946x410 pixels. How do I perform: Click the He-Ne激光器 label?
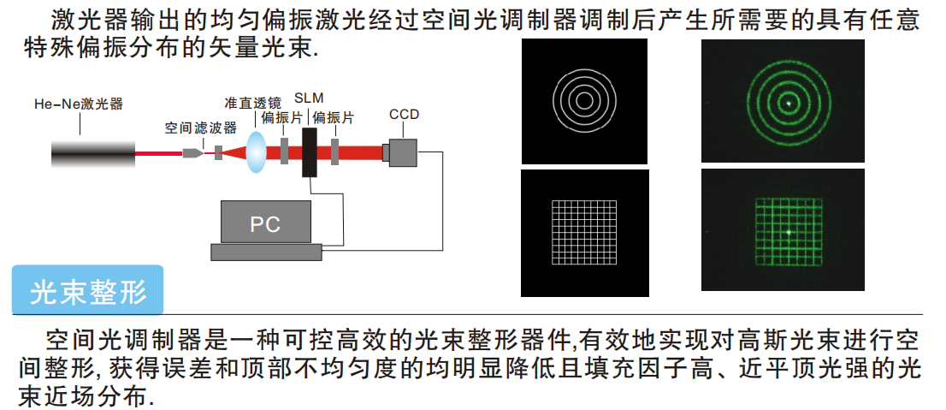click(x=79, y=104)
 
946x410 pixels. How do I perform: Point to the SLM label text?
click(x=308, y=96)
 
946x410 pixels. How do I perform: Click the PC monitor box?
click(x=266, y=223)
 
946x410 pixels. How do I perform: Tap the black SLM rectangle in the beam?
click(x=309, y=153)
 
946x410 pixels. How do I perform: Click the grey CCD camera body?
click(x=403, y=152)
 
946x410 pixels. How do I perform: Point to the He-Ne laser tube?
click(x=93, y=154)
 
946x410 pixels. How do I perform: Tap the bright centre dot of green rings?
click(x=788, y=102)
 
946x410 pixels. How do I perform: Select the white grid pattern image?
click(x=585, y=232)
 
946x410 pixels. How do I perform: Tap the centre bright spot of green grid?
click(x=788, y=231)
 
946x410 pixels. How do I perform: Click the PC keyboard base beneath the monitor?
click(x=266, y=252)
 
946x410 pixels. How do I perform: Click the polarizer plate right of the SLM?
click(x=335, y=152)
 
